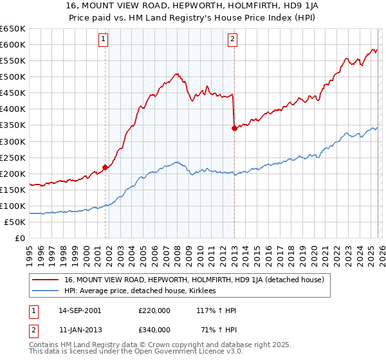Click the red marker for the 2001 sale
(x=105, y=167)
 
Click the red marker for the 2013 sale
(x=234, y=129)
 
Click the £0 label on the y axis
(x=20, y=239)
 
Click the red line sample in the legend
(x=46, y=280)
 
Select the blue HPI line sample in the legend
(x=46, y=291)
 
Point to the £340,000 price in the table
(x=154, y=329)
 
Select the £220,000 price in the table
(x=154, y=310)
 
